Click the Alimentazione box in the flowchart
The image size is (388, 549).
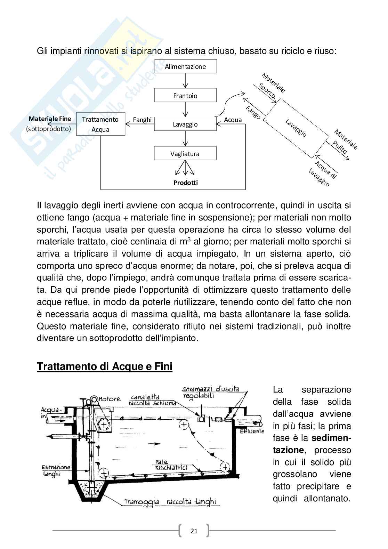[185, 66]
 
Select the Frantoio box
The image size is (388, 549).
[185, 96]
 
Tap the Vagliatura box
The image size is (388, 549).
[185, 154]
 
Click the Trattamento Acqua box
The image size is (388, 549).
[100, 124]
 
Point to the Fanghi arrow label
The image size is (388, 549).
[142, 120]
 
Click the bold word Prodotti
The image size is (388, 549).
[185, 183]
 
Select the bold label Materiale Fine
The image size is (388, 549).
[50, 119]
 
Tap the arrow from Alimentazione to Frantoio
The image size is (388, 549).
[185, 81]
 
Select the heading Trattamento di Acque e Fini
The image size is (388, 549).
[105, 366]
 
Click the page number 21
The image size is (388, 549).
[194, 531]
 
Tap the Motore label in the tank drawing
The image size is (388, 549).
[110, 399]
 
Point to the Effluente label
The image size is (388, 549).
[252, 431]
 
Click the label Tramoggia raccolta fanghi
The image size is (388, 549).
[170, 502]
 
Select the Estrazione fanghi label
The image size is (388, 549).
[56, 470]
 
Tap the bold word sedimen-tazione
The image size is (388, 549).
[312, 444]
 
